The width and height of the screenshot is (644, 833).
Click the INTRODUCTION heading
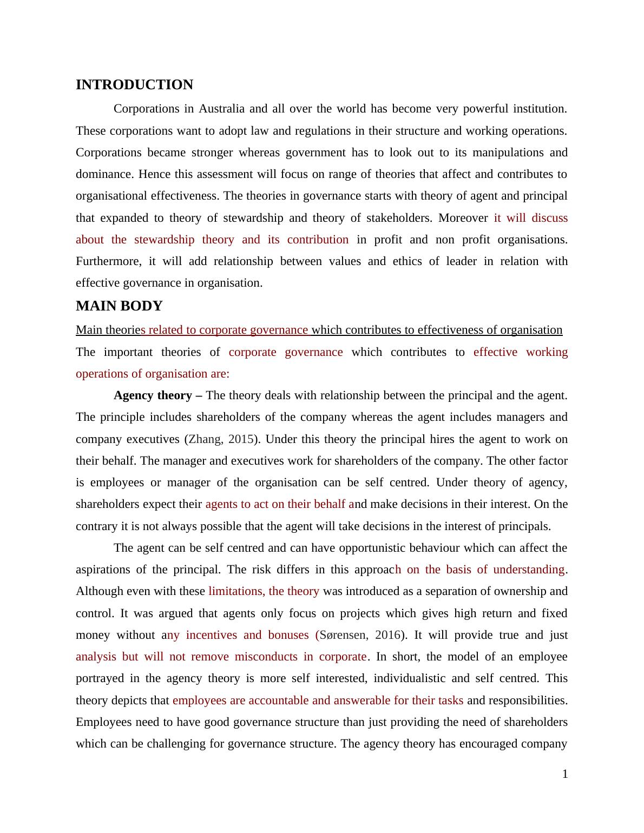click(x=134, y=85)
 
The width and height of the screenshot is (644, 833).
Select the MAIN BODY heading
click(x=119, y=306)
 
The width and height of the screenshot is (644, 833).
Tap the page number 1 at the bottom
click(x=565, y=774)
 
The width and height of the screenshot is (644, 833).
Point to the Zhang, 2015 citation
click(x=220, y=439)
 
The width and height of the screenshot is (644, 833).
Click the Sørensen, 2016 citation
click(x=360, y=635)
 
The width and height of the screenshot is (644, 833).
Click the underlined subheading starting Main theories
click(x=319, y=330)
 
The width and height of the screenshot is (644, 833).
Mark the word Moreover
click(x=463, y=218)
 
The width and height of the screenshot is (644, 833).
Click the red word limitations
click(x=235, y=591)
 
